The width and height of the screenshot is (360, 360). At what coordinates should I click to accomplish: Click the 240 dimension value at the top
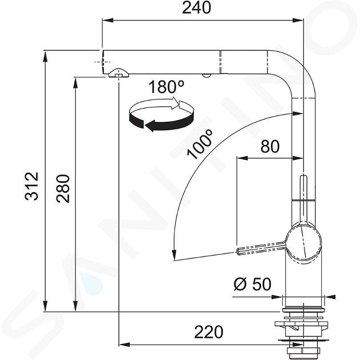[197, 7]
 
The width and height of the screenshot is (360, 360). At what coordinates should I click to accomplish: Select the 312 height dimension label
[31, 186]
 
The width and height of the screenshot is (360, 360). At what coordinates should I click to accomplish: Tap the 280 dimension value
[63, 189]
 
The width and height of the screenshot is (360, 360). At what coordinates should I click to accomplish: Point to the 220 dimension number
[209, 332]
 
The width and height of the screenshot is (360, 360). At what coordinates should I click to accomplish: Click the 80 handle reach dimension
[270, 146]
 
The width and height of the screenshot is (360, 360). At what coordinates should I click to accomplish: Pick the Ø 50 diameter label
[253, 284]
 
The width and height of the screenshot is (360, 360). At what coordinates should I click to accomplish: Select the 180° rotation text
[166, 87]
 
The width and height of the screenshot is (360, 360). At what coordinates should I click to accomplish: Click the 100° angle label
[199, 144]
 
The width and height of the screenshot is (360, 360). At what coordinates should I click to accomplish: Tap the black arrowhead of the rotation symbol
[149, 126]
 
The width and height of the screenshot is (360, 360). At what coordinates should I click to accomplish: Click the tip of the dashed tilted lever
[238, 251]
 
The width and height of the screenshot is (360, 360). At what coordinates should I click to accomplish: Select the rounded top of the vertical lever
[303, 177]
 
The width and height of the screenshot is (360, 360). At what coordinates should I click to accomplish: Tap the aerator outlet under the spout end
[118, 73]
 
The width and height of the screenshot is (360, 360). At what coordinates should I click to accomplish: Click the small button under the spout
[206, 75]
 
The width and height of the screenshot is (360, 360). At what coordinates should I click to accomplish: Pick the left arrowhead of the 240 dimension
[108, 21]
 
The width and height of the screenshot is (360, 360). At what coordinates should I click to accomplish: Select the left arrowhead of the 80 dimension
[242, 158]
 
